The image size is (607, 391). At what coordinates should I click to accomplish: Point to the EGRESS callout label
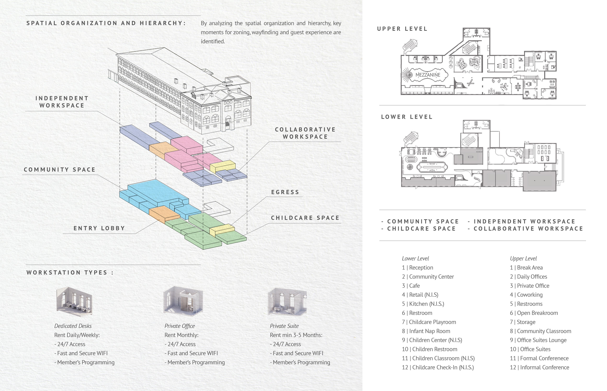285,192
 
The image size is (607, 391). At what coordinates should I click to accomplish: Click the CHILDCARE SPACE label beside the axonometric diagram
305,218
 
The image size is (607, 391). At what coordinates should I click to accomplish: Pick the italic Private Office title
180,326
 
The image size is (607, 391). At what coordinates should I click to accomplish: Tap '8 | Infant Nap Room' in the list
426,331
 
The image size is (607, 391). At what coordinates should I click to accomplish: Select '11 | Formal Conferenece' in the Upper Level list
539,358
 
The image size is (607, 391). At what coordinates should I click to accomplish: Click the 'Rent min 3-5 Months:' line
296,335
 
